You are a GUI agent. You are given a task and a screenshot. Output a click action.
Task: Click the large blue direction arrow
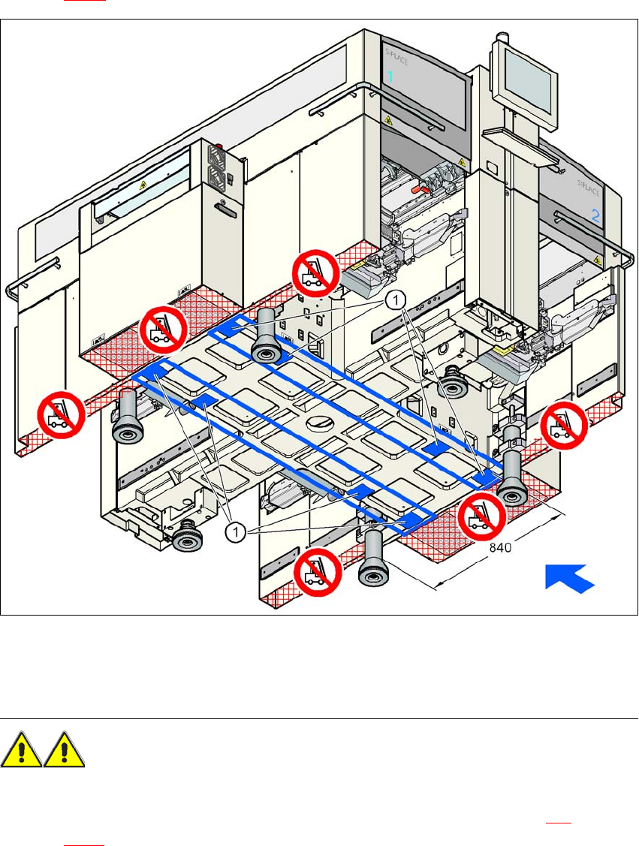coord(569,580)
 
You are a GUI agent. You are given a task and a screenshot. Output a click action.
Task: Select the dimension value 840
coord(501,548)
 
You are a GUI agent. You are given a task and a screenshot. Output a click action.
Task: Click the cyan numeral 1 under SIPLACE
coord(390,77)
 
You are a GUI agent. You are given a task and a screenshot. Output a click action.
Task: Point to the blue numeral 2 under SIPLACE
coord(595,215)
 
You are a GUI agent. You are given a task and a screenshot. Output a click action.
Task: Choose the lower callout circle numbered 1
coord(237,531)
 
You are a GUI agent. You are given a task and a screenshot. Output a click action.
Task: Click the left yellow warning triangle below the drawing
coord(23,751)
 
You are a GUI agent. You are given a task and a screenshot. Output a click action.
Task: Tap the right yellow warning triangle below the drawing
coord(65,751)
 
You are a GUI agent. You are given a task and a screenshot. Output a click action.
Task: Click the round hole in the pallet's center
coord(316,423)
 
